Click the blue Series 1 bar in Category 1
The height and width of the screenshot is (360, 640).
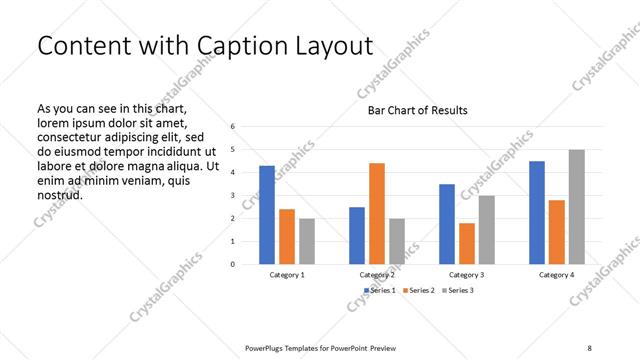click(x=267, y=215)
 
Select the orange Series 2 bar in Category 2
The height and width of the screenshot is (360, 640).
click(x=376, y=213)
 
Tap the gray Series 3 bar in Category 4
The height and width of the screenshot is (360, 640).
click(x=576, y=207)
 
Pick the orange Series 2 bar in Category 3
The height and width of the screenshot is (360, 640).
click(x=466, y=243)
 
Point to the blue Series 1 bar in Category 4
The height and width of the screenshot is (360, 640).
click(x=537, y=212)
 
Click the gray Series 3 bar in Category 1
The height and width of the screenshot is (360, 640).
click(x=306, y=241)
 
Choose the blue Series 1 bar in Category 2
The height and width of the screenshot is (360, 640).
click(x=357, y=235)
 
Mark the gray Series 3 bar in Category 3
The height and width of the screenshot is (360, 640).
click(x=486, y=229)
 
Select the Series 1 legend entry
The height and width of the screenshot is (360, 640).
click(x=380, y=290)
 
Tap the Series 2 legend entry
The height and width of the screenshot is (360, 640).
click(x=421, y=290)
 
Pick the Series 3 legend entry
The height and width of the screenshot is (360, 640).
click(x=460, y=290)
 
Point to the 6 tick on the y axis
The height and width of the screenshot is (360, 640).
click(x=232, y=127)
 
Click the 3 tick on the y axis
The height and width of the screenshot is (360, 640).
click(x=232, y=196)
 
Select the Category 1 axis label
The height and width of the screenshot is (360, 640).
click(x=287, y=274)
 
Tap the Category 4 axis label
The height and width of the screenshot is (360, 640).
click(x=557, y=274)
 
